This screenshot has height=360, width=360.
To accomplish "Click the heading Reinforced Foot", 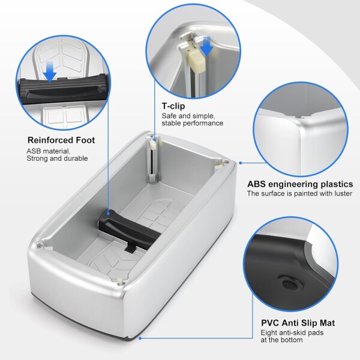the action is click(x=61, y=140).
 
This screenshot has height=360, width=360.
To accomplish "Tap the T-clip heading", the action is click(x=173, y=106).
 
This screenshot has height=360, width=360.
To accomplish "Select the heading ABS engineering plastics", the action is click(x=300, y=184).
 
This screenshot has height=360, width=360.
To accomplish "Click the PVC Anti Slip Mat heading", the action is click(x=298, y=323).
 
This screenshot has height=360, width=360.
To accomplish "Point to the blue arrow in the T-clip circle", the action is click(x=206, y=47).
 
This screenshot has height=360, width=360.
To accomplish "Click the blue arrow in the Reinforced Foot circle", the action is click(x=50, y=71).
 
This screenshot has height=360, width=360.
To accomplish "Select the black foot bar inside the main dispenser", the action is click(x=130, y=230).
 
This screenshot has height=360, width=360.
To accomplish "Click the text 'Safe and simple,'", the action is click(x=188, y=116).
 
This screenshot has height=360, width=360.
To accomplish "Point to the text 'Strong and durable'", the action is click(x=57, y=158).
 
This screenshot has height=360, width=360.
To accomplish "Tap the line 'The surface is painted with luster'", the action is click(x=299, y=194).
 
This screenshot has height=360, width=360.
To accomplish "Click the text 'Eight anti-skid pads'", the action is click(x=292, y=332).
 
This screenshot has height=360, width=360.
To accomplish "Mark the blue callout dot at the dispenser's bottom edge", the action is click(x=140, y=338).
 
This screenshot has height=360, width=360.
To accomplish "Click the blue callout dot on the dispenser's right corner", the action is click(x=241, y=163).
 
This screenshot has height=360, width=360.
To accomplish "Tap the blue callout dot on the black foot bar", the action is click(x=108, y=213).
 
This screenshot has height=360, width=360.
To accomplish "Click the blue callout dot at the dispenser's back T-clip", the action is click(x=155, y=139).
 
